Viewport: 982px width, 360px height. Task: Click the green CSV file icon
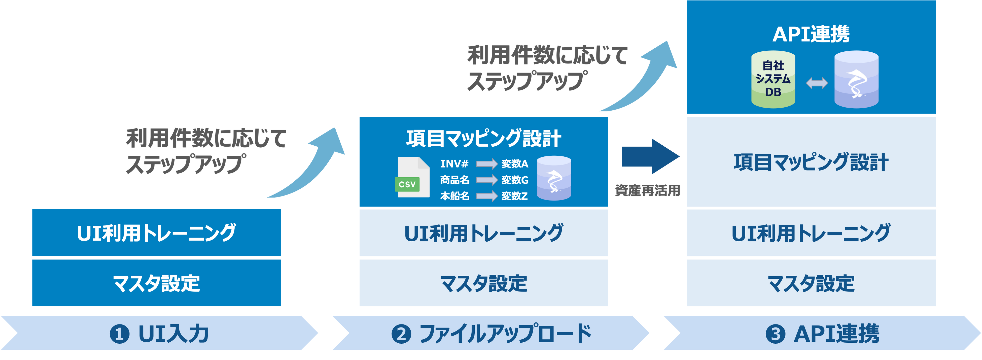click(x=413, y=178)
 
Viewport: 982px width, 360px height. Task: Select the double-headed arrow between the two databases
click(x=817, y=83)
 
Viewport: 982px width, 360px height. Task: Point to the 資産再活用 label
click(x=647, y=190)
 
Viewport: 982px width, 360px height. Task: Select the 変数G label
click(x=515, y=180)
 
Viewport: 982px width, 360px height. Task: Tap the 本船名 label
click(x=455, y=196)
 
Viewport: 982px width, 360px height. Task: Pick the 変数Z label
click(x=514, y=196)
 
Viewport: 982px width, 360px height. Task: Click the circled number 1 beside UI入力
click(x=119, y=334)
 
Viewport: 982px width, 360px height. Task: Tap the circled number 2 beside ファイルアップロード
click(x=401, y=334)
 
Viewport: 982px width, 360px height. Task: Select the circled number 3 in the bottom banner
click(x=775, y=334)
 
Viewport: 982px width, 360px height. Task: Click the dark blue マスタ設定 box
click(x=156, y=283)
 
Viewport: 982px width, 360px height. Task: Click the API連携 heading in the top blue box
click(x=811, y=34)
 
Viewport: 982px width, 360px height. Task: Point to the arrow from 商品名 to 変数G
click(x=486, y=180)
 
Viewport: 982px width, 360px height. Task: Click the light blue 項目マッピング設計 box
click(x=811, y=162)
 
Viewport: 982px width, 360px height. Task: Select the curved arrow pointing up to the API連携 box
click(x=644, y=80)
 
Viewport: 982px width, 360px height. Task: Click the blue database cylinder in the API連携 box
click(x=856, y=80)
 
